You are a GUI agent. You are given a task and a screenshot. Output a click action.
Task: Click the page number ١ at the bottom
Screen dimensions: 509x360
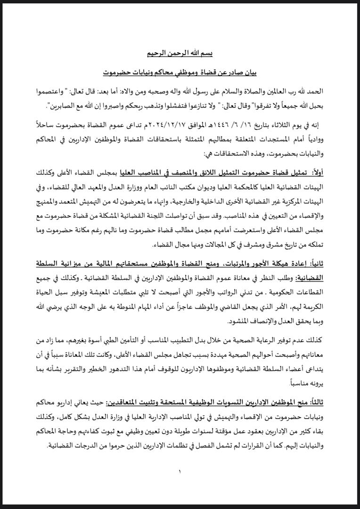[180, 470]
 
